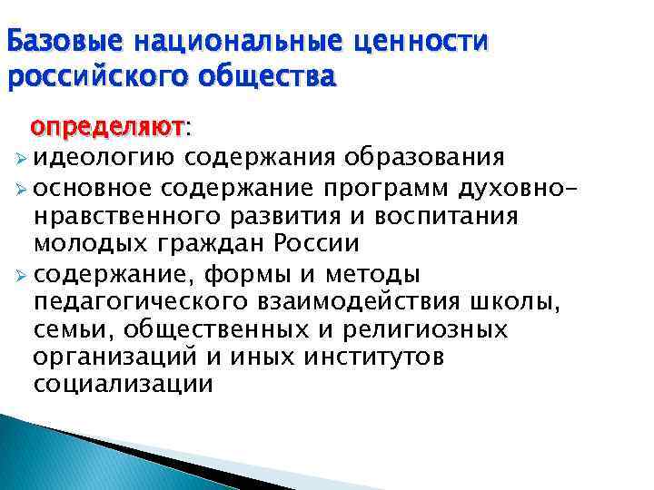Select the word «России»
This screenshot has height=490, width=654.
(x=318, y=245)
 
